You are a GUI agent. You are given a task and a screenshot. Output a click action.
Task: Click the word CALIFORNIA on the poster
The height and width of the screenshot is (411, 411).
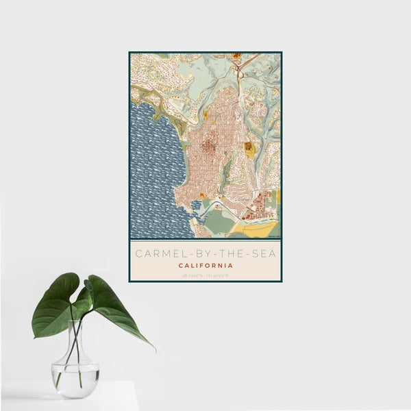coord(205,265)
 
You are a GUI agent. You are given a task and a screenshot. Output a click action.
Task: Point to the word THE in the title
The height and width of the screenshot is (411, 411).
coord(230,253)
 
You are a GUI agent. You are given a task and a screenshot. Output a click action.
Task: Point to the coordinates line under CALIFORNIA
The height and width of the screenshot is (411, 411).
coord(205,275)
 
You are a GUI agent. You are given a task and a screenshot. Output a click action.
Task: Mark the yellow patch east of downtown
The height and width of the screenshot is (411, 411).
coord(249,149)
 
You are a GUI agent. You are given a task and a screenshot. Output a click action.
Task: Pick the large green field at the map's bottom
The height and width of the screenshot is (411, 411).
coord(219,221)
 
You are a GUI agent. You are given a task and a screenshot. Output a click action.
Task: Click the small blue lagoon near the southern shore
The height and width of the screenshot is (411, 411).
coord(197,205)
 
